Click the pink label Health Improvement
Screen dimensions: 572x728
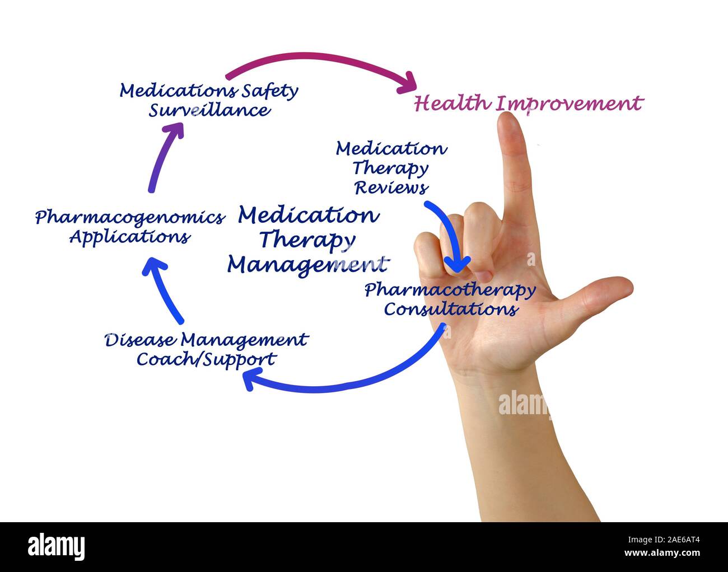(528, 104)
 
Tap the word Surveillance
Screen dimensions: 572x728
(209, 110)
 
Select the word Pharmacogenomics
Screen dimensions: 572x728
(129, 217)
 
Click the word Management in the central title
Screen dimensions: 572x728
(307, 264)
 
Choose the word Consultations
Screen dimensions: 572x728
(450, 309)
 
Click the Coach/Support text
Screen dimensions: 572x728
(206, 359)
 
